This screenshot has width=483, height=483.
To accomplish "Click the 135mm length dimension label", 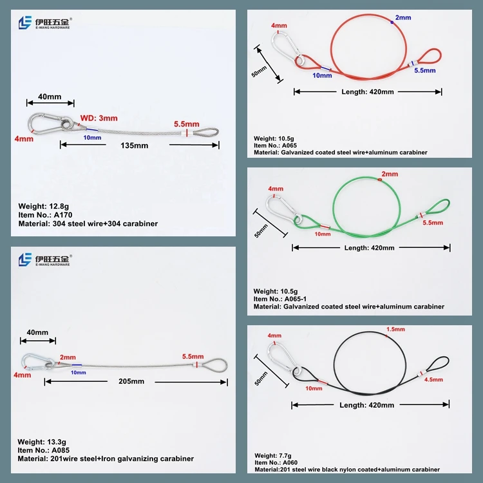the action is pos(135,146).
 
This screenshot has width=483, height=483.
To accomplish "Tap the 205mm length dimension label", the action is pos(131,381).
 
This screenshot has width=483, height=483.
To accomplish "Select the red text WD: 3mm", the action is pos(99,118).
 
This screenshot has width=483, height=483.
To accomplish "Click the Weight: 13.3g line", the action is pos(42,442).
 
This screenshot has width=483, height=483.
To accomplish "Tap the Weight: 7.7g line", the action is pos(273,455).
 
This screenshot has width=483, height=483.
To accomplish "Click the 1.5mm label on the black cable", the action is pos(395,329).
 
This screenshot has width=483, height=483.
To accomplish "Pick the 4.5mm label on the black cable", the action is pos(433,379).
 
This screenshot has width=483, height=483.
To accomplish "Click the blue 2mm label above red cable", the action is pos(403,17).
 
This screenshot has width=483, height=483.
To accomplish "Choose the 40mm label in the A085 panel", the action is pos(37,332).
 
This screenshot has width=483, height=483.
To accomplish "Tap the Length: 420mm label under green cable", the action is pos(369,248).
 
